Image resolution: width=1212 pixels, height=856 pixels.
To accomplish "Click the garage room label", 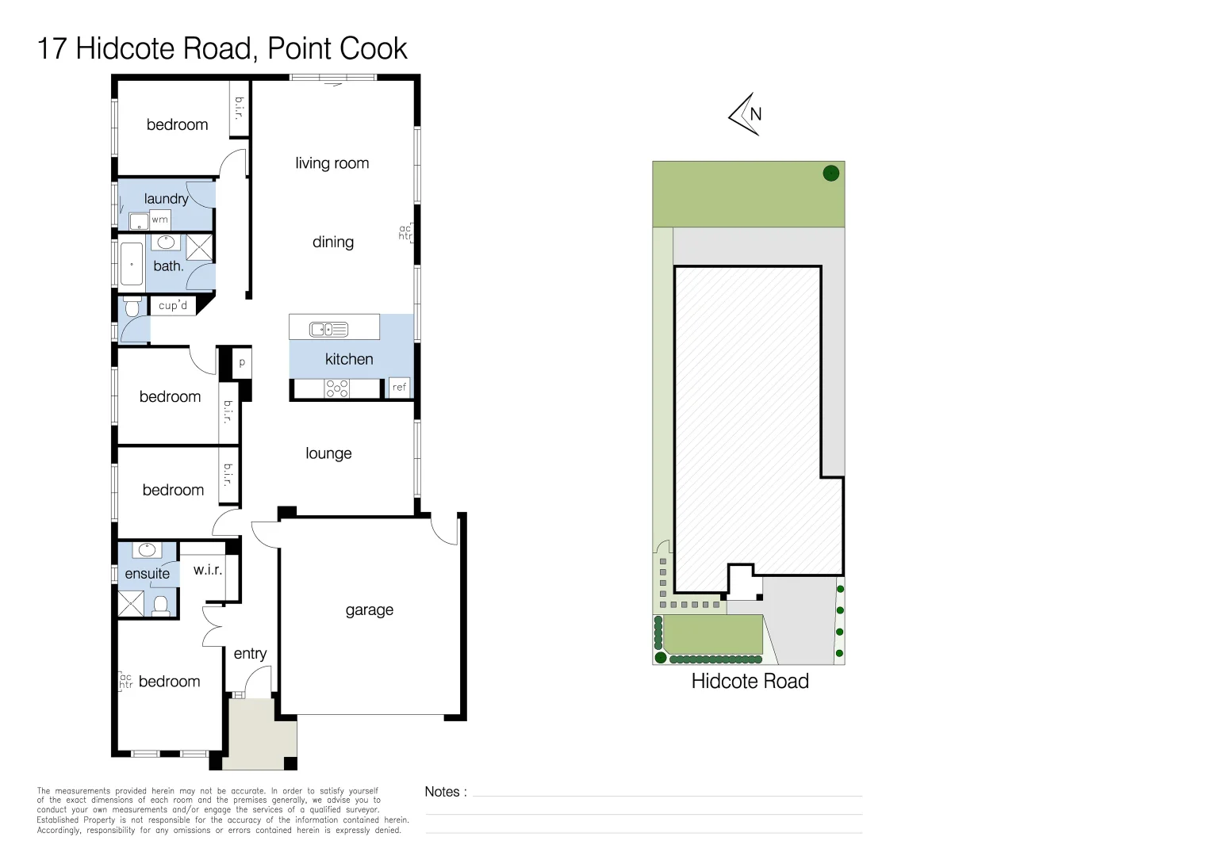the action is [x=369, y=610].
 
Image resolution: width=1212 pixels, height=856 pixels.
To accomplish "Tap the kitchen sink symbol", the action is [x=328, y=329].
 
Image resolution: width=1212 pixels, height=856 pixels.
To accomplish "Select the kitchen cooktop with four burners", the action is [x=337, y=388].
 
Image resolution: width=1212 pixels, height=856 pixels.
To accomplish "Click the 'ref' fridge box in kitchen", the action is [x=399, y=387].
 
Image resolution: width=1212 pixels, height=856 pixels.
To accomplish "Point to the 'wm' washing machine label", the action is [x=159, y=220].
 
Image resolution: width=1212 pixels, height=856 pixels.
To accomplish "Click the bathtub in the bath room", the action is [x=132, y=264].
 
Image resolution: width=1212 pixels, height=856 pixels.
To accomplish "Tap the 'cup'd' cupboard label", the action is [x=173, y=305].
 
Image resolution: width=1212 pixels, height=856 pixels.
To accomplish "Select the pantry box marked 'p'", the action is [x=242, y=362].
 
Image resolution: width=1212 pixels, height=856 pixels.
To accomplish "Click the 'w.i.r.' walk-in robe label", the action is [x=208, y=569].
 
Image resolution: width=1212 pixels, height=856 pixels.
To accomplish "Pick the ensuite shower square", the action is [x=131, y=604].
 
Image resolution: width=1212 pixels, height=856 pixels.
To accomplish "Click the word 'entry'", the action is [x=250, y=654].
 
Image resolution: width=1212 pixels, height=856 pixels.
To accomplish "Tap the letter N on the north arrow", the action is [x=755, y=114].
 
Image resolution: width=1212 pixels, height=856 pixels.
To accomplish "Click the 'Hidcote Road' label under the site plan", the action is [x=750, y=682].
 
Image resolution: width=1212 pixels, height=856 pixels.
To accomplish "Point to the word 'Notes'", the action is [x=442, y=792].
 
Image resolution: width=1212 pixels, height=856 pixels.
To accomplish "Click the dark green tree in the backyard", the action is [x=831, y=174].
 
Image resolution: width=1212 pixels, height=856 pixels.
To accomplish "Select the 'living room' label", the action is [x=332, y=163].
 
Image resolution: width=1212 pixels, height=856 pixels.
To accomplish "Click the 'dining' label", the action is [x=333, y=243].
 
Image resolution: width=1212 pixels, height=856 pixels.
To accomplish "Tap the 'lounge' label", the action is [x=328, y=453].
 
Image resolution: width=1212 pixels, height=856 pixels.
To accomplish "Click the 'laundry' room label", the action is [x=166, y=199].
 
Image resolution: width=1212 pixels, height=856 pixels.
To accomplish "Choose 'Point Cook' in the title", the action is [x=337, y=48].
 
